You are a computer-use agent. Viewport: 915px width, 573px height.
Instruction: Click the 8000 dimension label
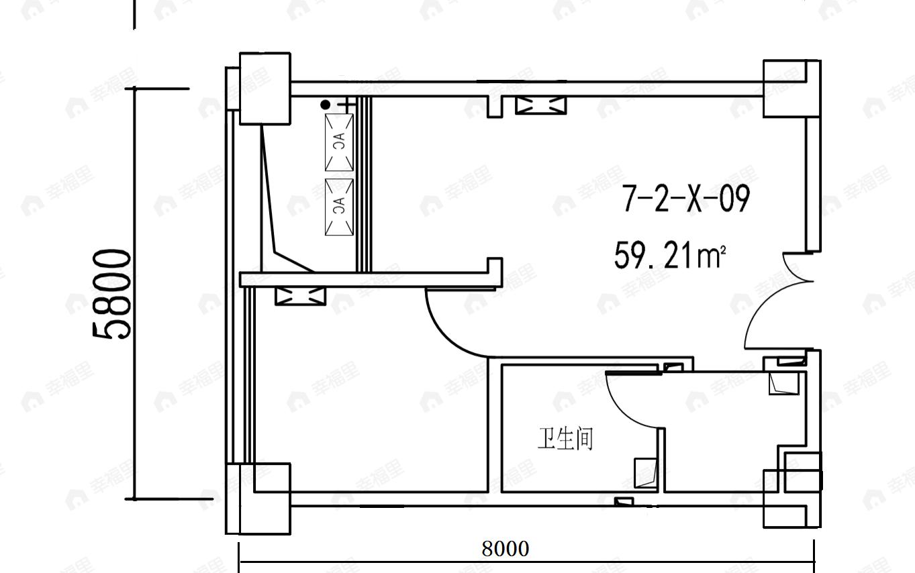[505, 549]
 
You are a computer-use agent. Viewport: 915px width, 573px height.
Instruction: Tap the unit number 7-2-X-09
[685, 199]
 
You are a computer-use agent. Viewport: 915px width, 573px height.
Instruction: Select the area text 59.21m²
[669, 256]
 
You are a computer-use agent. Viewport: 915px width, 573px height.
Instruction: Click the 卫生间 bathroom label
[565, 439]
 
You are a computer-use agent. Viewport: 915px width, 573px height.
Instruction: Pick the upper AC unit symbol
[339, 142]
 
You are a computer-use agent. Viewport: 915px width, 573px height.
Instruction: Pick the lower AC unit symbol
[339, 207]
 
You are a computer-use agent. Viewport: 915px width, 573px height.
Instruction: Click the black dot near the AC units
[326, 105]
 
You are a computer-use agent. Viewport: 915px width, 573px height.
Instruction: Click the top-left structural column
[264, 89]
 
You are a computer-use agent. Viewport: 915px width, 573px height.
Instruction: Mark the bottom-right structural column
[785, 498]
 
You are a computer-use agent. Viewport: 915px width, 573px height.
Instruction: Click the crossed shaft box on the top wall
[540, 105]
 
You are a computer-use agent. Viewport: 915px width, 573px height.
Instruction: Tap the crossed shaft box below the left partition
[300, 296]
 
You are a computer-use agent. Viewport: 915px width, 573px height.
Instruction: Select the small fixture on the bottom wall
[624, 502]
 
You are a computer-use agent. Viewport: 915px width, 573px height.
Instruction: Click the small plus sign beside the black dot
[346, 105]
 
